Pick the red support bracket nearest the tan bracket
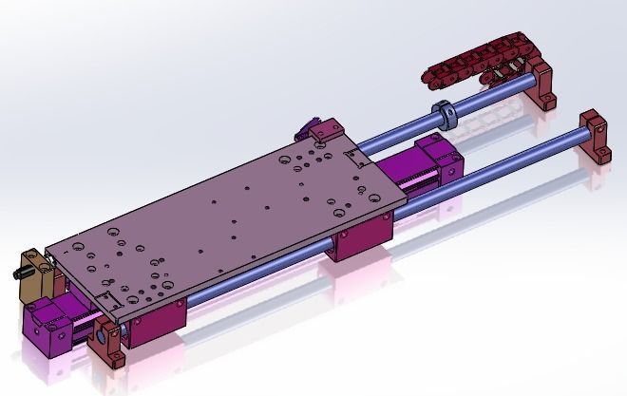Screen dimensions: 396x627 tap(106, 346)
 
